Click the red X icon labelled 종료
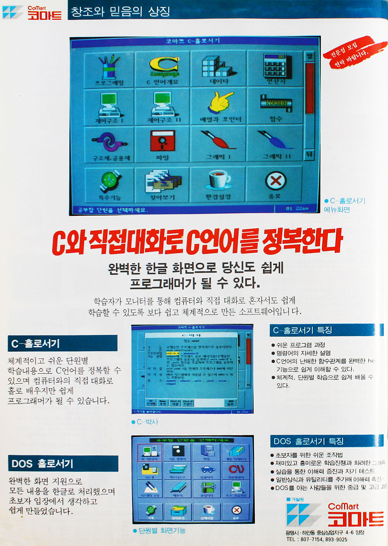click(275, 181)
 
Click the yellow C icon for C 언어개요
click(163, 66)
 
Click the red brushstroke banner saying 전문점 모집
click(349, 52)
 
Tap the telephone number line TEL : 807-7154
click(317, 539)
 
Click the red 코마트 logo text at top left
click(44, 15)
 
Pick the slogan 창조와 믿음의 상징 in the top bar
click(120, 11)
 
